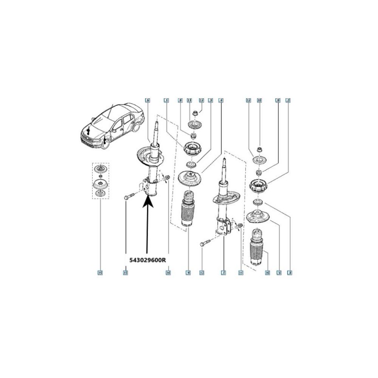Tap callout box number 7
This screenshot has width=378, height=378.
pos(222,273)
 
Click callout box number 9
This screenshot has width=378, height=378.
pos(188,273)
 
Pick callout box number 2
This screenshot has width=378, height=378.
pos(288,100)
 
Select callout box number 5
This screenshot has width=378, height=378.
pos(279,273)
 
